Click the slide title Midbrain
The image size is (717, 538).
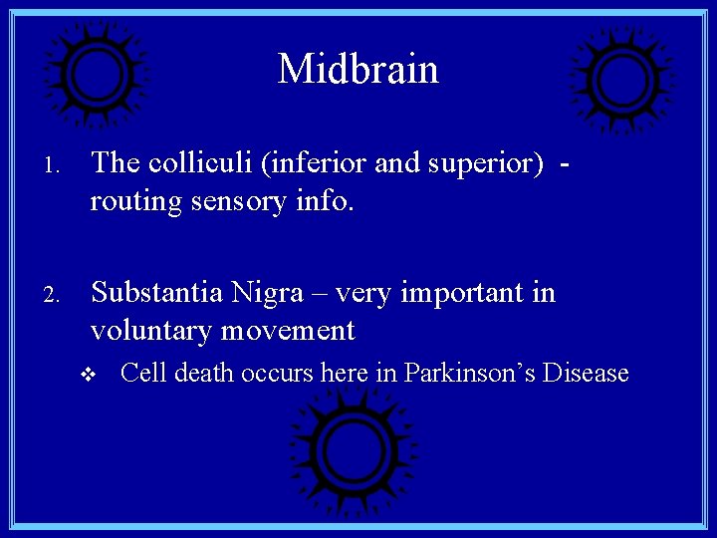point(358,69)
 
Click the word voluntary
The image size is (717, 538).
point(152,330)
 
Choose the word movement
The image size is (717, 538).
point(288,330)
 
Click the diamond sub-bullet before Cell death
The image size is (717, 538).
point(88,375)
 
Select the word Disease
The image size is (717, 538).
point(588,374)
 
